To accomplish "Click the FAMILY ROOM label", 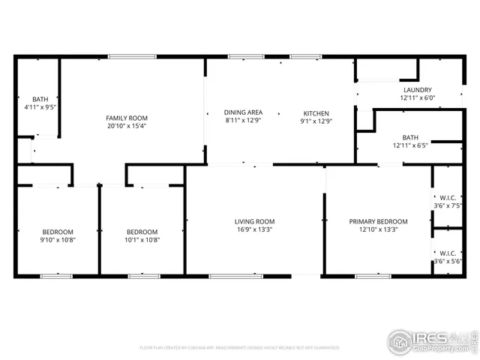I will (126, 118).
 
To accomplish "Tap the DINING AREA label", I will (243, 112).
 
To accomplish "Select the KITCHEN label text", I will (316, 112).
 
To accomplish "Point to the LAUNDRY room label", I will (417, 89).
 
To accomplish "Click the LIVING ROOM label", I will (254, 221).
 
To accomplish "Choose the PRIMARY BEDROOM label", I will (378, 221).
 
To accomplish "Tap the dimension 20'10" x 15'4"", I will (126, 126).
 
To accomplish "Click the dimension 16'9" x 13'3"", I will (254, 230).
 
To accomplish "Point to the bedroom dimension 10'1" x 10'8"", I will (142, 240).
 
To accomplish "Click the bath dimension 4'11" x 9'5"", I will (40, 107).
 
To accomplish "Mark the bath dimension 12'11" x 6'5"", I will (409, 145).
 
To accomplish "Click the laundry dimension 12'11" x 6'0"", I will (417, 97).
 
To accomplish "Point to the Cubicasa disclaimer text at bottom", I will (240, 347).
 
